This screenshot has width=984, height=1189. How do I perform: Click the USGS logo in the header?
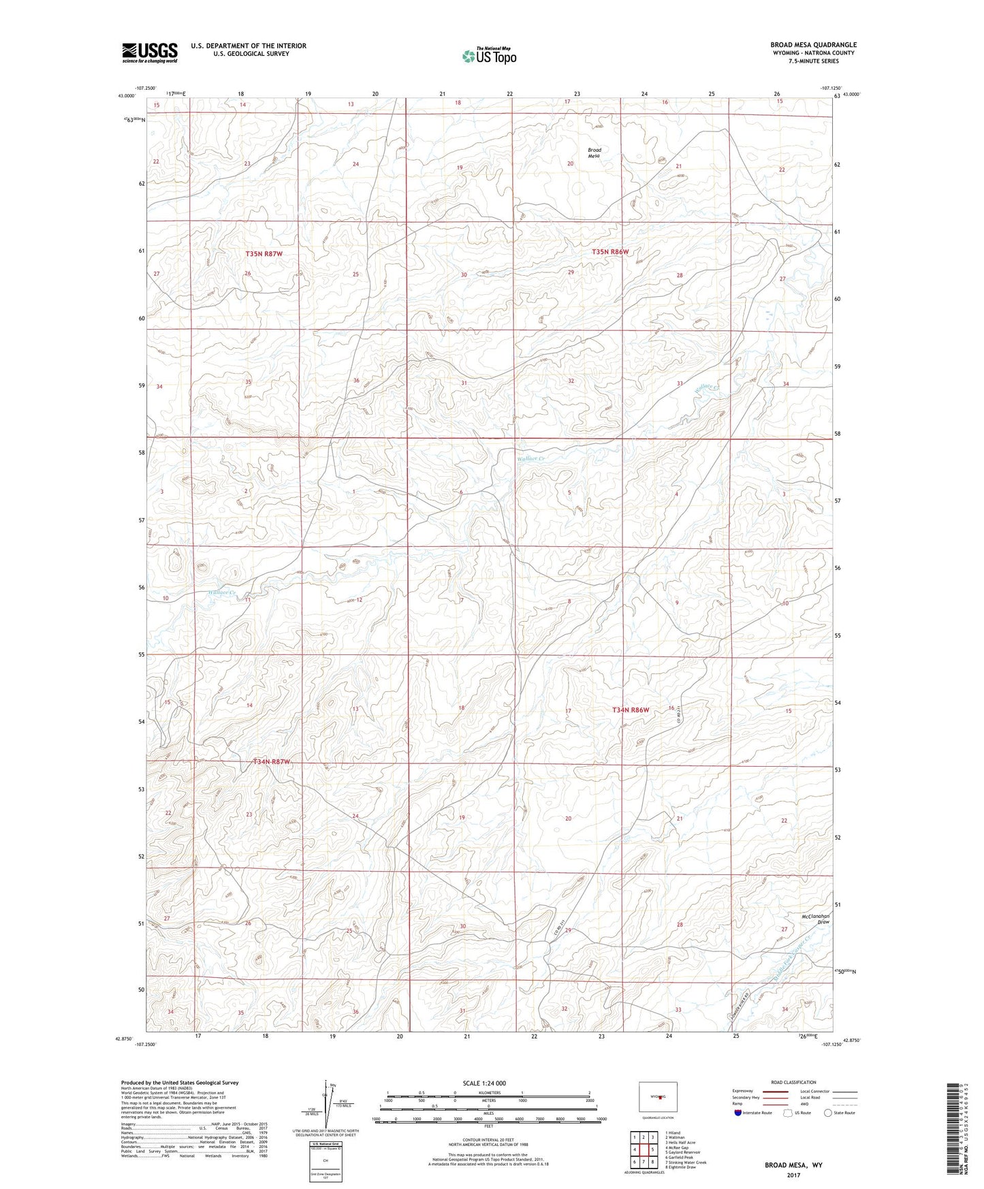150,52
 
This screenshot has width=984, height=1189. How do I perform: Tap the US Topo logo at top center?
489,56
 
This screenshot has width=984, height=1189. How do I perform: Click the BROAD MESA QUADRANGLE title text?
813,45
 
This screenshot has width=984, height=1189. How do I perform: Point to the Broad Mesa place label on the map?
594,153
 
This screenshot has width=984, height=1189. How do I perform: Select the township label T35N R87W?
264,253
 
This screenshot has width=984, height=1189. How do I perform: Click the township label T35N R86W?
610,251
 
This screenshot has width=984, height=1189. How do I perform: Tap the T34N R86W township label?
630,710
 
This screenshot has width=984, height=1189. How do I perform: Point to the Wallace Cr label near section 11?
221,592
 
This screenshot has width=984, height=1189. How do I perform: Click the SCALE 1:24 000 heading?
483,1083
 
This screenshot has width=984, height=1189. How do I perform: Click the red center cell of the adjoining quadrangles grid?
644,1150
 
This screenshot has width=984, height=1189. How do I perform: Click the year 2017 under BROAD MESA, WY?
793,1175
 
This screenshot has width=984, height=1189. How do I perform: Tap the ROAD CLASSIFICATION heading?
793,1082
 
